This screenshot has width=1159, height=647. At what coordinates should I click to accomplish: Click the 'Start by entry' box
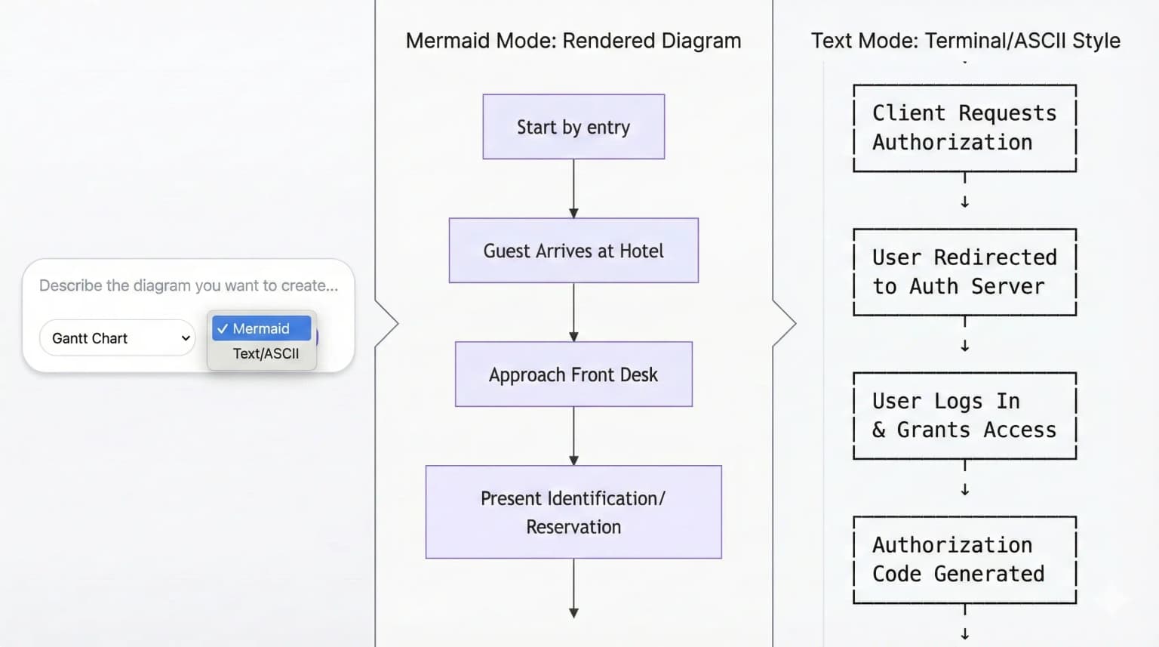pos(573,127)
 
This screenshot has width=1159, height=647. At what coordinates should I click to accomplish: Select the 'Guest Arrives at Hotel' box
pos(573,251)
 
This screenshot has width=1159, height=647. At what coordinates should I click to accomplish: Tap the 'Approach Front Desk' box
pos(573,374)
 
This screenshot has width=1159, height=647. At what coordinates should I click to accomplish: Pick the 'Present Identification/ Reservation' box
pos(573,512)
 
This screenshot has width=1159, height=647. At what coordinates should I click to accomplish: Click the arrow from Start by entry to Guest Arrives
pos(573,189)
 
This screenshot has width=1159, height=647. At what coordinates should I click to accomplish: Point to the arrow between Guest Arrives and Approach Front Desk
pos(573,313)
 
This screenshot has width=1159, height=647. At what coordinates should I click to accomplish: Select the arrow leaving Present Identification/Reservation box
pos(573,589)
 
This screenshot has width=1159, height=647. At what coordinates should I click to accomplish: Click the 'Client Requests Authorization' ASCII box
pos(964,128)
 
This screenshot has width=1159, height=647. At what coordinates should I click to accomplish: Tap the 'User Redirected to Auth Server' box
pos(964,272)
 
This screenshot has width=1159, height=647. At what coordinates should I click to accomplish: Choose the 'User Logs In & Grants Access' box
pos(964,415)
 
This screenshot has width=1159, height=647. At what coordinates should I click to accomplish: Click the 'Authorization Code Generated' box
pos(964,559)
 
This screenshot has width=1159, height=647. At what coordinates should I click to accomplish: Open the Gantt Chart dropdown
pos(118,338)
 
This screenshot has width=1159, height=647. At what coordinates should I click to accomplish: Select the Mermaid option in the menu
pos(261,328)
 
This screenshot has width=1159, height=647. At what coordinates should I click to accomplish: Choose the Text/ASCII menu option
pos(266,353)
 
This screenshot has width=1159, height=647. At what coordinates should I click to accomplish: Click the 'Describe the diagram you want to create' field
pos(189,285)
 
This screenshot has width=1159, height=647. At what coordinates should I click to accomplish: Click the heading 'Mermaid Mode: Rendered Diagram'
pos(573,41)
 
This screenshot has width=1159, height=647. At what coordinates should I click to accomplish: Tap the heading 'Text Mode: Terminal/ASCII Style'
pos(965,41)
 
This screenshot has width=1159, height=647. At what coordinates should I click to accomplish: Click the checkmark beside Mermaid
pos(222,328)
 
